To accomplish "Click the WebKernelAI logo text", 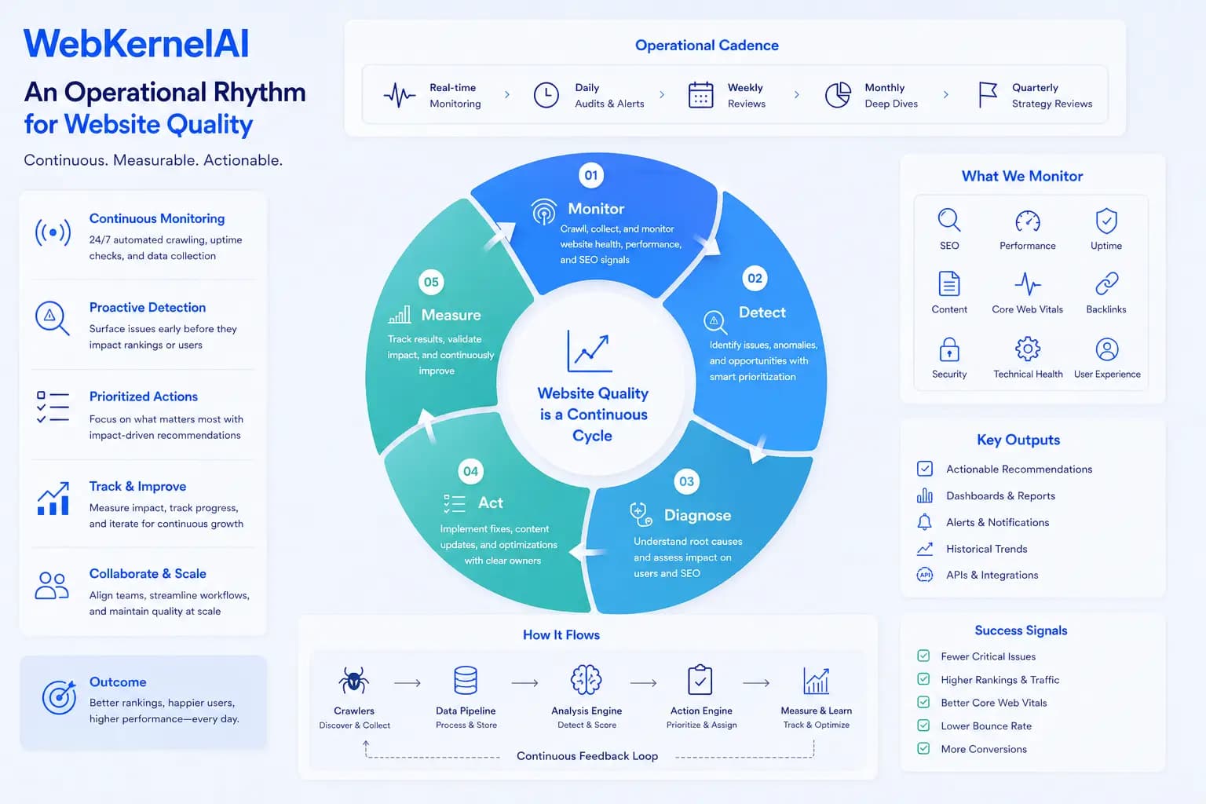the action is [x=136, y=43].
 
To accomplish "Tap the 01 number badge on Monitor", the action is [x=591, y=175].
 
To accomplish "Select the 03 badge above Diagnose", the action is [x=686, y=481].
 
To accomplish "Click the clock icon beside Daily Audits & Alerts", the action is [x=546, y=95].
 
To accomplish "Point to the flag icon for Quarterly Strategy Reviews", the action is [x=988, y=95].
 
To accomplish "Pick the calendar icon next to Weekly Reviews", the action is [x=700, y=95].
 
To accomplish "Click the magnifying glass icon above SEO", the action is [x=948, y=221].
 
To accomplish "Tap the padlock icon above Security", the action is [x=948, y=349].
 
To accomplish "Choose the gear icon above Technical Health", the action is [x=1027, y=349].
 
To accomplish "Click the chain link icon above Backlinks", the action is [x=1106, y=283].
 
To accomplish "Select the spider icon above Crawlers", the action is [x=354, y=680].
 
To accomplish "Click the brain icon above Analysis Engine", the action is [x=586, y=680].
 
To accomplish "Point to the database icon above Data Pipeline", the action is [x=465, y=680].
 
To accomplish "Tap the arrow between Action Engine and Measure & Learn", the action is [x=756, y=683].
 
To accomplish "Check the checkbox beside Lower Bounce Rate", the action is [x=923, y=725].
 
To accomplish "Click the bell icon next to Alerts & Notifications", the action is [x=924, y=522].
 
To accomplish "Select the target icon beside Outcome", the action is [x=59, y=697].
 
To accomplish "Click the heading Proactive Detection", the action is [x=148, y=307].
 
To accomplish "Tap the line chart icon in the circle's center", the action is [x=590, y=351].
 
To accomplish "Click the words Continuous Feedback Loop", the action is [x=587, y=755].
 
